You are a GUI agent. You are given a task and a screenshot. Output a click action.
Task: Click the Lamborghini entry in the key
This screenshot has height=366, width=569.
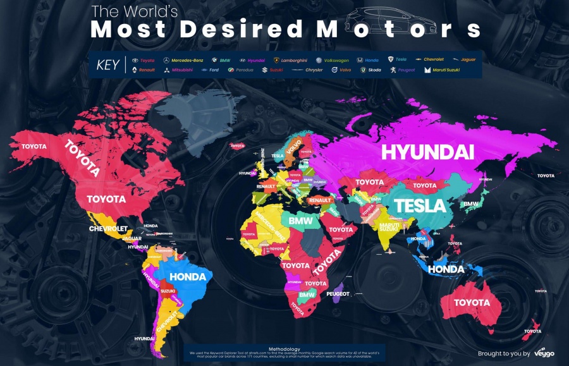pyautogui.click(x=290, y=59)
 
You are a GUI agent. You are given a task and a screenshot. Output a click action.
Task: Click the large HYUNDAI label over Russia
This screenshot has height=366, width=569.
pyautogui.click(x=427, y=152)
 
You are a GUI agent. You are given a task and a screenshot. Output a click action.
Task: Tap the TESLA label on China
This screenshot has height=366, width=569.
pyautogui.click(x=420, y=206)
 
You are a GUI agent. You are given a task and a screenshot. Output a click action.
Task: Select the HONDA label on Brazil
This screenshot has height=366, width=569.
pyautogui.click(x=188, y=277)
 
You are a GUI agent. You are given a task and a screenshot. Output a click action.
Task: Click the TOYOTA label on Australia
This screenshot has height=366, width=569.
pyautogui.click(x=472, y=303)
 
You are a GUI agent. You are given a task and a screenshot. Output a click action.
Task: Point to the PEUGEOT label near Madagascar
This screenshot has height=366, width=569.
pyautogui.click(x=338, y=294)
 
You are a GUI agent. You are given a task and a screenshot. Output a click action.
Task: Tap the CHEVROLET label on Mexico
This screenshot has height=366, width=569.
pyautogui.click(x=109, y=228)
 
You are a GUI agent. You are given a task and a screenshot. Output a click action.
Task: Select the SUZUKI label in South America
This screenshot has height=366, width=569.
pyautogui.click(x=168, y=291)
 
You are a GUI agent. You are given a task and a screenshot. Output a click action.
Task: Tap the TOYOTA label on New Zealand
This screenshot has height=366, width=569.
pyautogui.click(x=532, y=331)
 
